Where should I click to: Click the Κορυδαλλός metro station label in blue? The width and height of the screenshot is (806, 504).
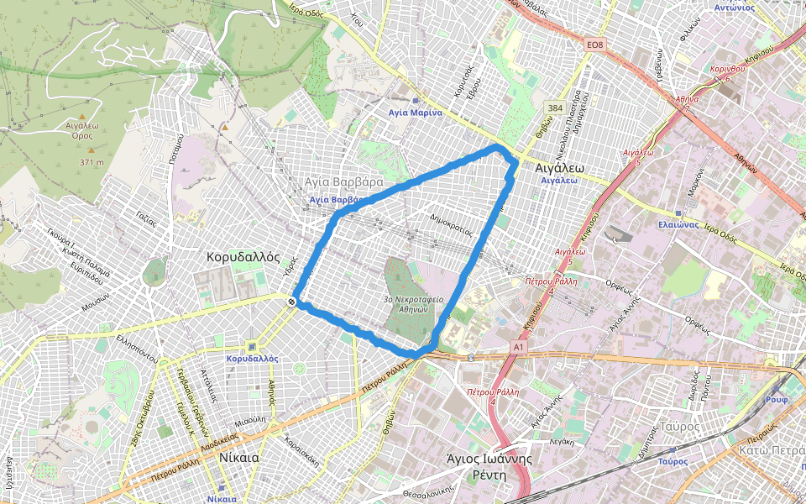coord(252,358)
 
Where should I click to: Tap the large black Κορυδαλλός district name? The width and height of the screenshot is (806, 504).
coord(243,258)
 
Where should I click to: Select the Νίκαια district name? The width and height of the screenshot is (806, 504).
coord(238,459)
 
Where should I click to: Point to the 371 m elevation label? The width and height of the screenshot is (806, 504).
coord(92,162)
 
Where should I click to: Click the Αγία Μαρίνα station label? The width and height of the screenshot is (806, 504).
coord(415,113)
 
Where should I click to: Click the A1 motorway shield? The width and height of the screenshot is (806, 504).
coord(518,346)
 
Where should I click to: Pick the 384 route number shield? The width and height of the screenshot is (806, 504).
coord(554,108)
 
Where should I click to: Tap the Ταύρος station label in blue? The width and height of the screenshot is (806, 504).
coord(673,461)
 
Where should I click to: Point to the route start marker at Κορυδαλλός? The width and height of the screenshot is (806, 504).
coord(291,301)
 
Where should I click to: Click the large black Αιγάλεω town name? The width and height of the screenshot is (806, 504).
coord(559,167)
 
